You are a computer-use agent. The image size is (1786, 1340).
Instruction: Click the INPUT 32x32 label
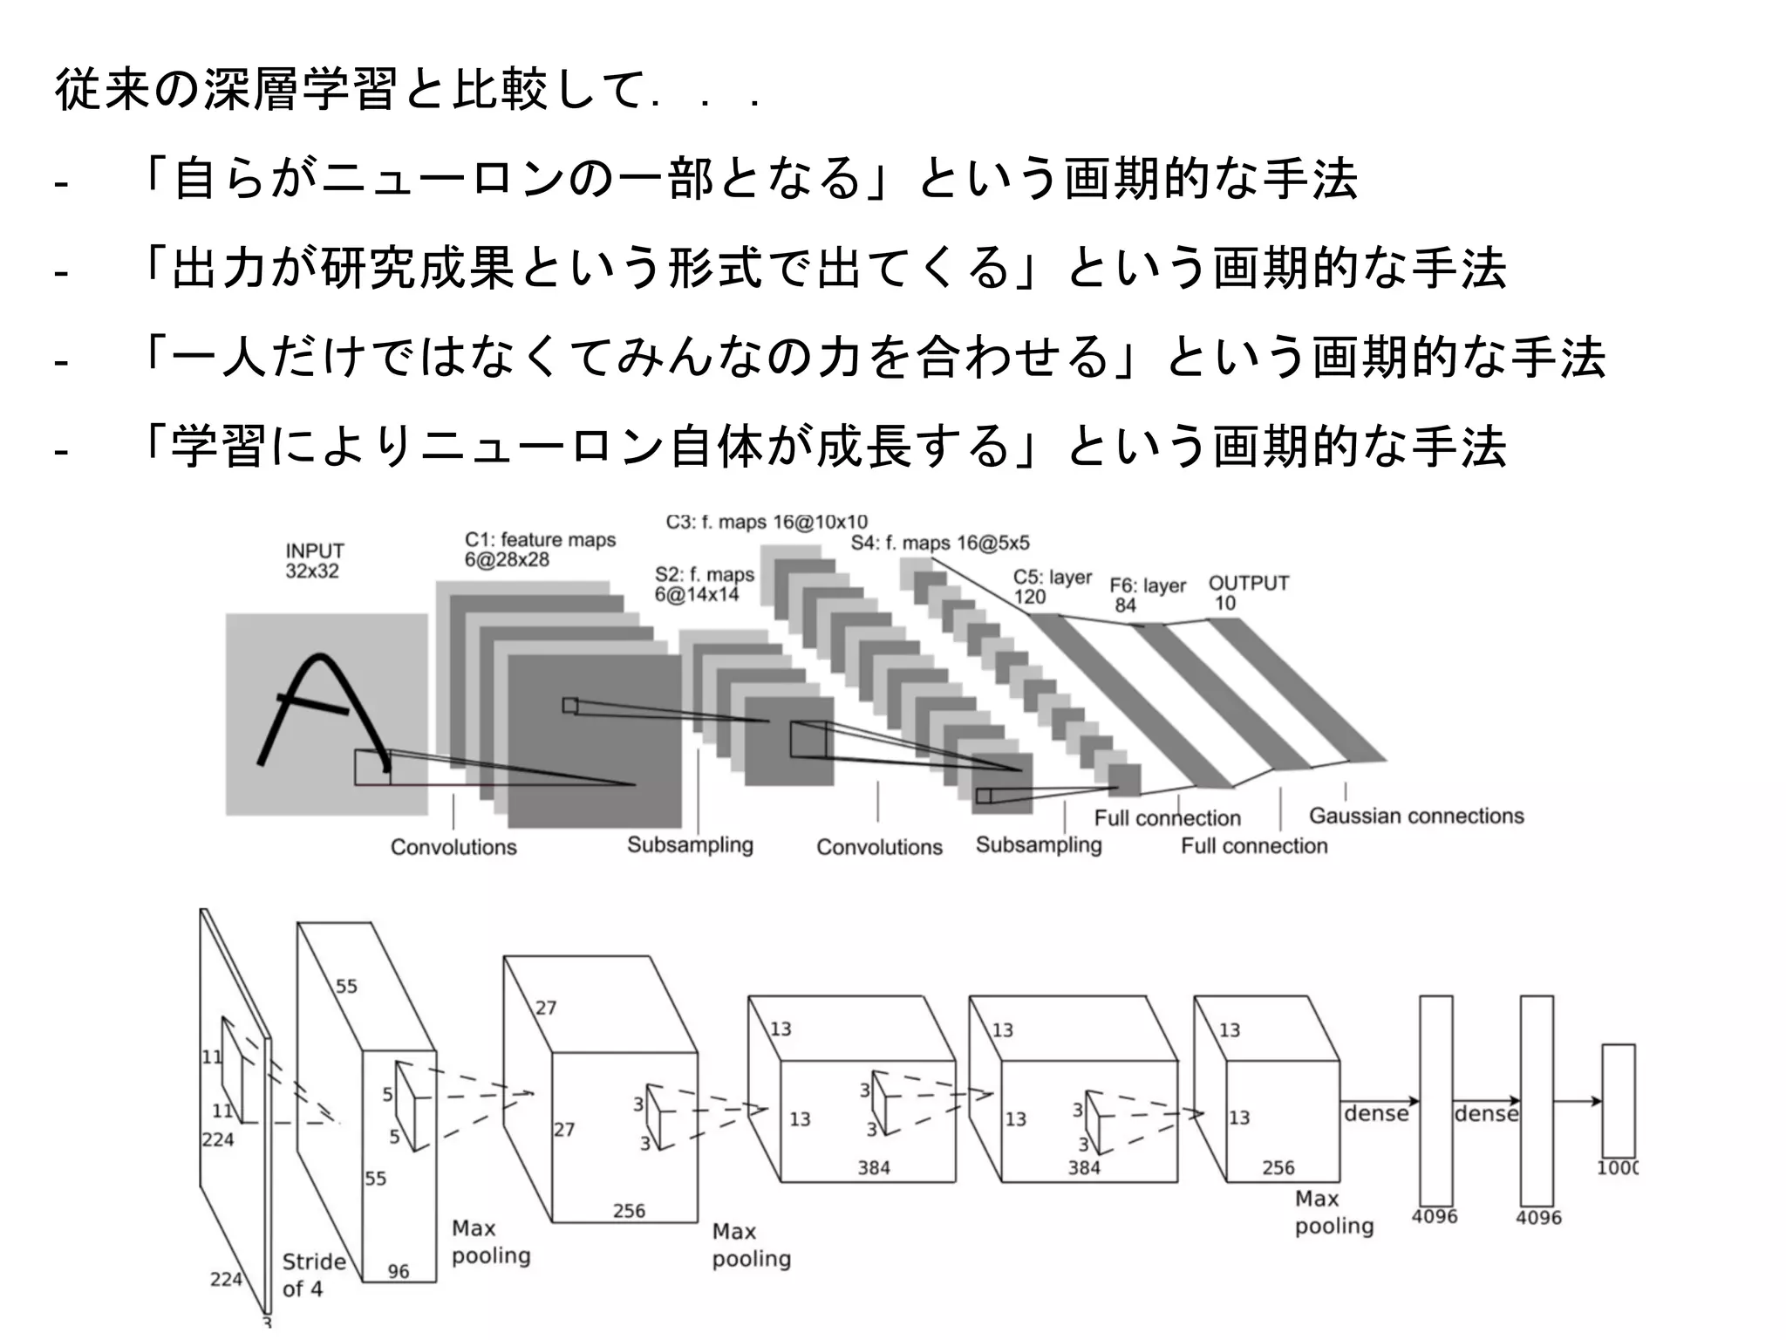tap(315, 561)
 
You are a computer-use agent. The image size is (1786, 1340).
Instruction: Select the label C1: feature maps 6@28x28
tap(539, 550)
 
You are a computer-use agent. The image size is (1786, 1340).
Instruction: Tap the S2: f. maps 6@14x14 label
tap(704, 585)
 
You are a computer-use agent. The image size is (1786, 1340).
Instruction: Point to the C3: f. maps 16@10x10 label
tap(767, 523)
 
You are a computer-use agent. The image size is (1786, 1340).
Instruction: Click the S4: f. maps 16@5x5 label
tap(939, 544)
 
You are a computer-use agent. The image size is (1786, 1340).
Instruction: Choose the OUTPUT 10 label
tap(1248, 592)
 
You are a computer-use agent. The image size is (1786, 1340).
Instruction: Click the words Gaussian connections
tap(1415, 816)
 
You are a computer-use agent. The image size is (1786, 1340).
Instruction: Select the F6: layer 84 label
tap(1147, 595)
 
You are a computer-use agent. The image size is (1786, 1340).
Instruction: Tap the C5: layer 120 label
tap(1052, 587)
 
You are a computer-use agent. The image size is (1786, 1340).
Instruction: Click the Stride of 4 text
tap(313, 1275)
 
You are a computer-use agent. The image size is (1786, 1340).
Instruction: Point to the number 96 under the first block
tap(399, 1271)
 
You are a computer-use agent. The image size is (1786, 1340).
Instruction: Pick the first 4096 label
tap(1434, 1216)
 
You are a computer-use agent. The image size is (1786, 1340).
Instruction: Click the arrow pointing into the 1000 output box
tap(1578, 1101)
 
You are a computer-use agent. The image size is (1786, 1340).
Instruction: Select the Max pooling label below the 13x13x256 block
tap(1333, 1213)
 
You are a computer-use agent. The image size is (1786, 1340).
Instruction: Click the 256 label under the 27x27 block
tap(628, 1211)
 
